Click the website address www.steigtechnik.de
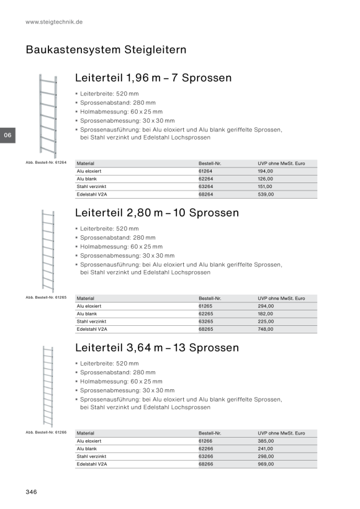[54, 22]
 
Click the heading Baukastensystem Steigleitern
[106, 50]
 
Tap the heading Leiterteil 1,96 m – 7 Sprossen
[153, 78]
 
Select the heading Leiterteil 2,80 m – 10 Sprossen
[157, 213]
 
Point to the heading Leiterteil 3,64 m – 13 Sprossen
[157, 348]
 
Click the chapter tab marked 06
[8, 135]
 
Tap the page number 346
[31, 492]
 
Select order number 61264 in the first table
[205, 171]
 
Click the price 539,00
[266, 194]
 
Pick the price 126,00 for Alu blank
[266, 179]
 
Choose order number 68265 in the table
[206, 329]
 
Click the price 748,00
[266, 329]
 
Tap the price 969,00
[266, 464]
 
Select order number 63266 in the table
[206, 456]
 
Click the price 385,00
[266, 441]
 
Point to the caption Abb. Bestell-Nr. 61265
[46, 297]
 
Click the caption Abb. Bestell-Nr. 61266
[46, 433]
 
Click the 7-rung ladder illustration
[48, 116]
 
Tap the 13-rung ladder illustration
[48, 387]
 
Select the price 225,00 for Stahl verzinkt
[266, 322]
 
